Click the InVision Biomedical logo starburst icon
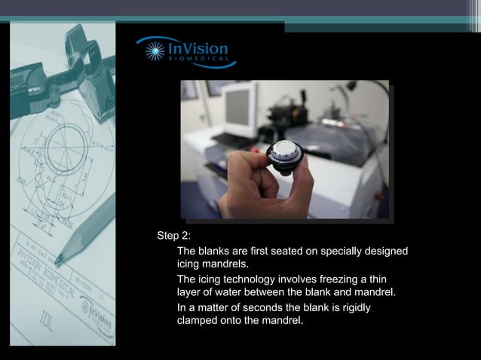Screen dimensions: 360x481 (x=155, y=51)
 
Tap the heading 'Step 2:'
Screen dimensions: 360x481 (x=173, y=235)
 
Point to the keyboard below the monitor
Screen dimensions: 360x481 (x=230, y=140)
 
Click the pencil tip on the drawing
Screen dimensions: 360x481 (x=57, y=260)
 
